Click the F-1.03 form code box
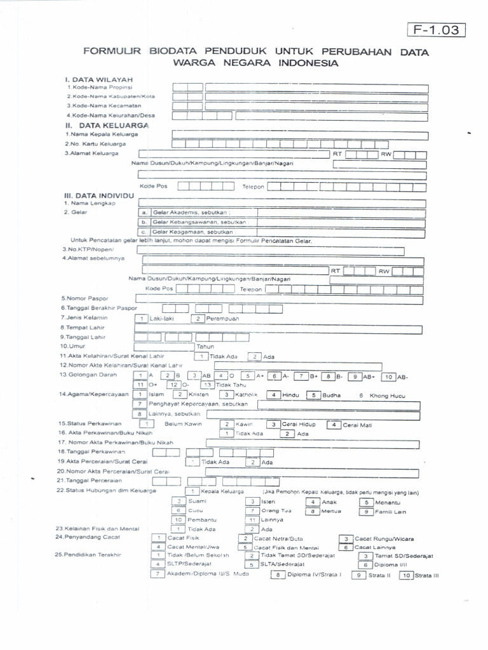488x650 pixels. pyautogui.click(x=435, y=30)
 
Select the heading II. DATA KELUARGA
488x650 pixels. pyautogui.click(x=108, y=126)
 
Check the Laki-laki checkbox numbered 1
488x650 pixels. pyautogui.click(x=141, y=318)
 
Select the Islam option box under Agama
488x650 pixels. pyautogui.click(x=139, y=395)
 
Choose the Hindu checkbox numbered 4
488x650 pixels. pyautogui.click(x=273, y=395)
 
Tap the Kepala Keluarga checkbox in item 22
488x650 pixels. pyautogui.click(x=193, y=491)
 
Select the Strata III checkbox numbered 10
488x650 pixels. pyautogui.click(x=405, y=576)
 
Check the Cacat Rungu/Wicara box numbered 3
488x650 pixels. pyautogui.click(x=346, y=538)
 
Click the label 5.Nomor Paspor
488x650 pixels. pyautogui.click(x=85, y=298)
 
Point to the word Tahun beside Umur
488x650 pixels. pyautogui.click(x=205, y=347)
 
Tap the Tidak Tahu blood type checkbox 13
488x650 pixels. pyautogui.click(x=206, y=385)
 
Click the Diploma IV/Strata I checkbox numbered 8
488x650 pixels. pyautogui.click(x=278, y=576)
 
